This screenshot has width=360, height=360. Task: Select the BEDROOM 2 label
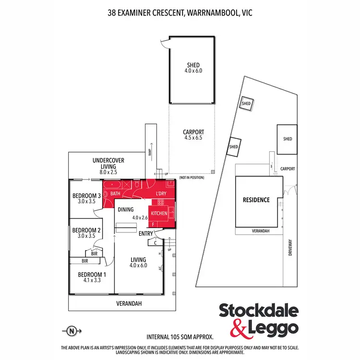86,230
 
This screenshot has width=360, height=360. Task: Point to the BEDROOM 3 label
86,195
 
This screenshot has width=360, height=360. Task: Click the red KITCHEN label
159,213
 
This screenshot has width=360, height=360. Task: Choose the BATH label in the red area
116,193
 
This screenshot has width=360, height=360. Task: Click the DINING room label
126,209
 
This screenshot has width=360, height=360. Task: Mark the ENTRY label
146,234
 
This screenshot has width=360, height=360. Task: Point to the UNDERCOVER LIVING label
102,163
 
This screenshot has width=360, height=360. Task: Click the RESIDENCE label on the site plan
256,200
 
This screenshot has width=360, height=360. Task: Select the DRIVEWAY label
290,248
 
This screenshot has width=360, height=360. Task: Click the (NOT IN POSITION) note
192,178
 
